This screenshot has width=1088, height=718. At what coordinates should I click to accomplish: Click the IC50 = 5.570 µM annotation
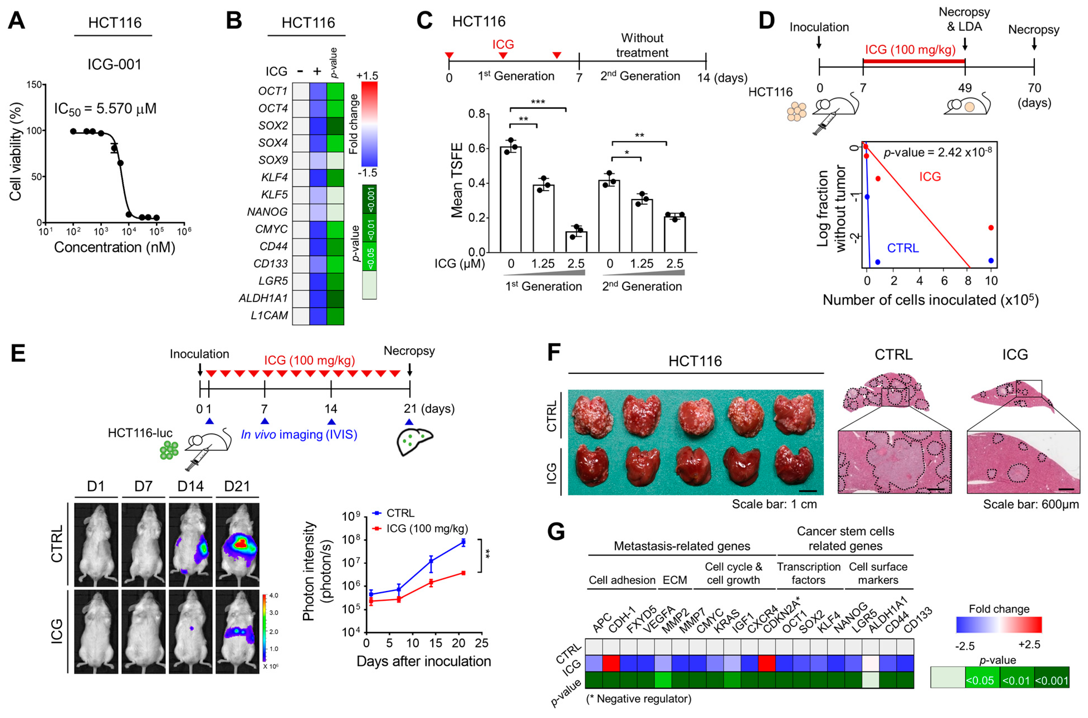point(105,109)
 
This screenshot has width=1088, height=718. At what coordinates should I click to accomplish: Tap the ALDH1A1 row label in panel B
point(263,298)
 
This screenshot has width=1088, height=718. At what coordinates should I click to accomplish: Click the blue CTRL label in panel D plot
point(903,248)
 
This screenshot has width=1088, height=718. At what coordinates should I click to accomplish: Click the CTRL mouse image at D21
point(237,545)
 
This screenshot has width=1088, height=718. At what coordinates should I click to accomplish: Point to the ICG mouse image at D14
point(190,631)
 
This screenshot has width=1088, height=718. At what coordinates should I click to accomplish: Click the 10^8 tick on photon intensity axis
point(351,540)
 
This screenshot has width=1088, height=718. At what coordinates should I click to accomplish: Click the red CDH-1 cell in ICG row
point(611,663)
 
